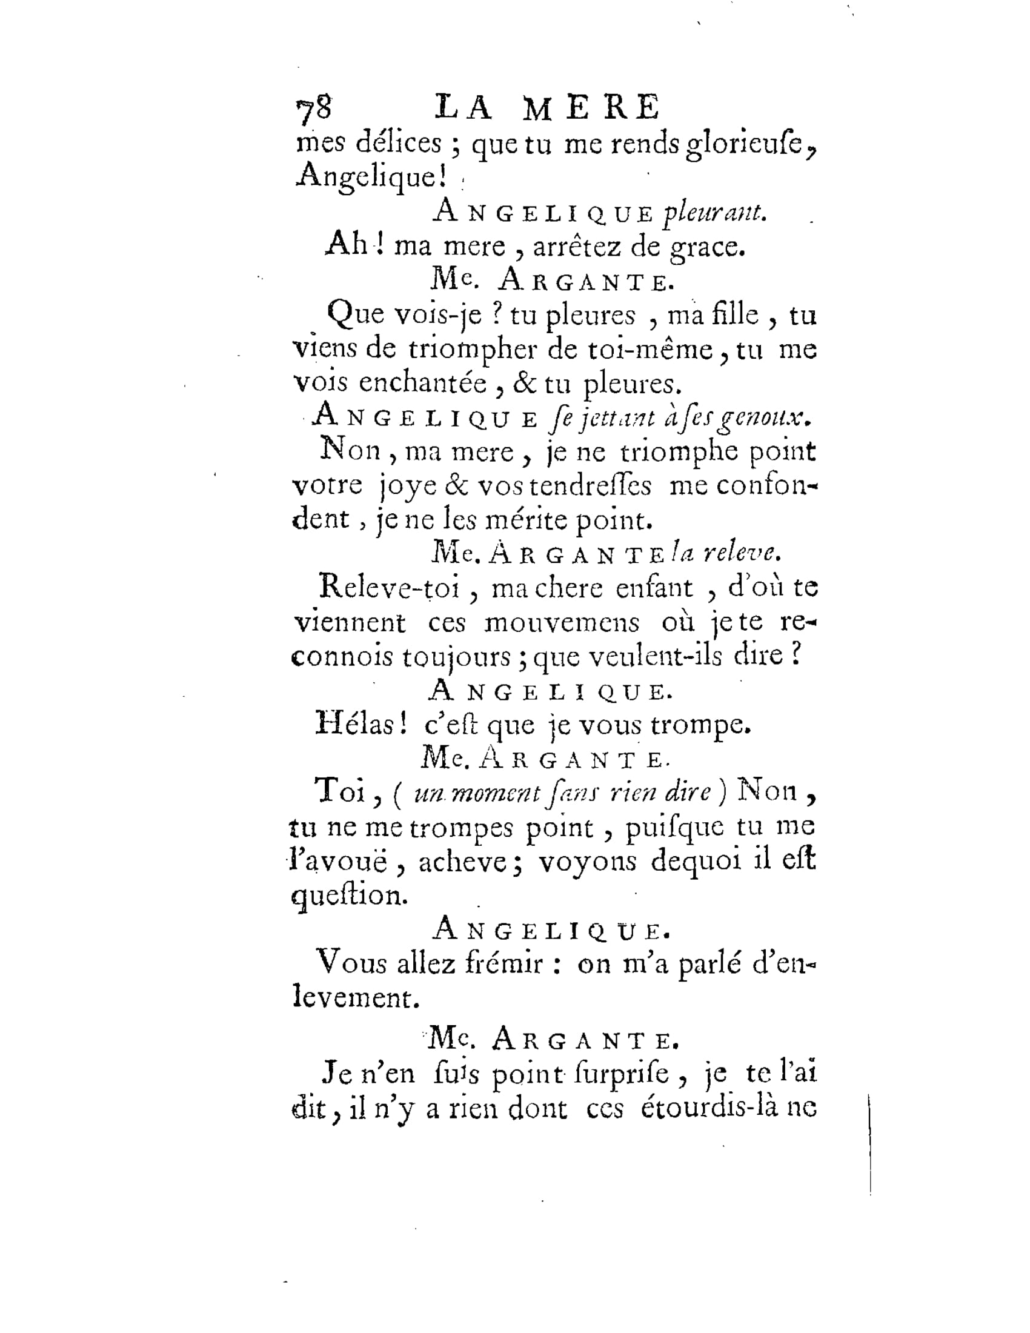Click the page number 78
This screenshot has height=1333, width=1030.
click(x=314, y=108)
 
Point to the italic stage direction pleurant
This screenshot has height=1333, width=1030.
click(x=714, y=213)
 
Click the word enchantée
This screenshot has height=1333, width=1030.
click(x=422, y=383)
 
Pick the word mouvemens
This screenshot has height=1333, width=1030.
click(x=562, y=623)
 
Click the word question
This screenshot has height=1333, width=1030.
click(x=350, y=896)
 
